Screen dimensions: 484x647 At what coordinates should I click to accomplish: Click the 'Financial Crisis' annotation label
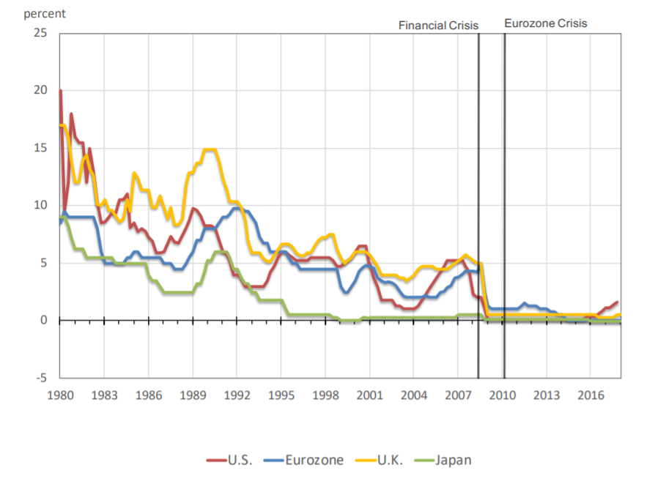click(x=438, y=25)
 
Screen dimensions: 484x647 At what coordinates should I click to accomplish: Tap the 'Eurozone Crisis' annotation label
click(x=546, y=23)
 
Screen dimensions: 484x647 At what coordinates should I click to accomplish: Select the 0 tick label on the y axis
click(x=43, y=321)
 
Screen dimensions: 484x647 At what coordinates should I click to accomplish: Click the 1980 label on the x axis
click(x=59, y=396)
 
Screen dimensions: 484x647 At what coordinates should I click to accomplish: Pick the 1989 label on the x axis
click(x=193, y=396)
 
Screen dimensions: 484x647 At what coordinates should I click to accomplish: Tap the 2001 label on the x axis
click(x=369, y=396)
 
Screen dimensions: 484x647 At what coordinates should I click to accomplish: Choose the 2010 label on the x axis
click(x=502, y=396)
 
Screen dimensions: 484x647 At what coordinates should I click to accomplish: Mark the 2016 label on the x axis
click(x=591, y=396)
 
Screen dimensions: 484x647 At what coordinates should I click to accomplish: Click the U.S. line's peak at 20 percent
click(x=60, y=91)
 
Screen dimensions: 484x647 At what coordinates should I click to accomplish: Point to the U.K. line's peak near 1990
click(x=210, y=150)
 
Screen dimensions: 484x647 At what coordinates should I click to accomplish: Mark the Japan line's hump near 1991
click(x=221, y=252)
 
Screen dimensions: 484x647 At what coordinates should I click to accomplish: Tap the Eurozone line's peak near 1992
click(x=237, y=208)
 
